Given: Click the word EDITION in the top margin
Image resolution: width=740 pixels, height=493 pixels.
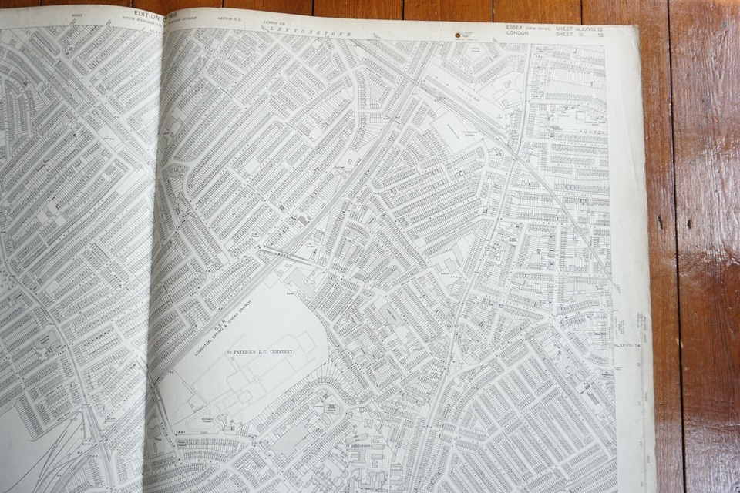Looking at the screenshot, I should point(146,15).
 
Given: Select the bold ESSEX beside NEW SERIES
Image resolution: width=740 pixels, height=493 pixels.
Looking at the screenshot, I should point(513,28).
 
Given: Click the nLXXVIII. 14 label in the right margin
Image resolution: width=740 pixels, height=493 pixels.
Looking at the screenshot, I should point(631,346).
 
